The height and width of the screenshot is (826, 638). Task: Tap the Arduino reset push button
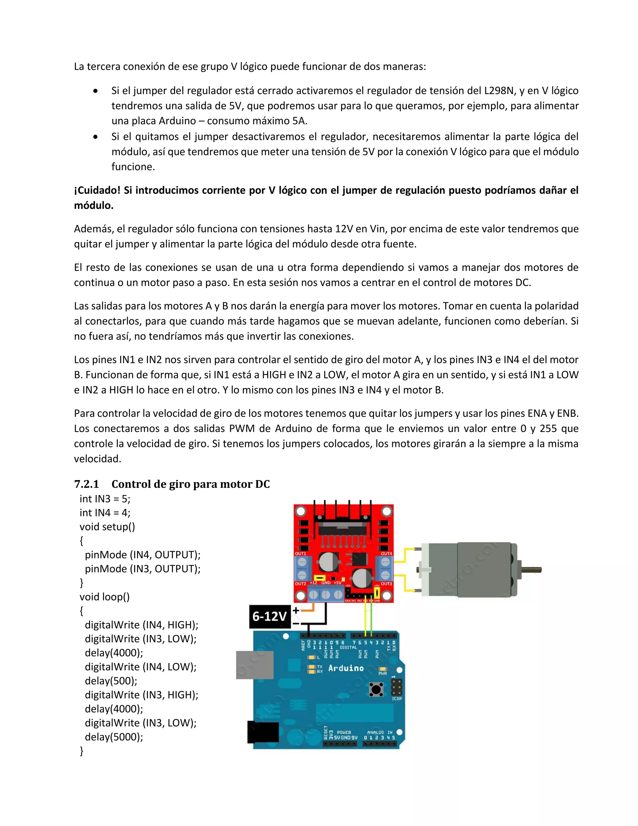376,689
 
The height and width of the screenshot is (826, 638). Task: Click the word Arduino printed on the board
346,668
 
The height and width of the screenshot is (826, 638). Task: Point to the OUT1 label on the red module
301,553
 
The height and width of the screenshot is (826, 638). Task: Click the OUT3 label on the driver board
386,583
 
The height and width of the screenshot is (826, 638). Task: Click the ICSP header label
397,698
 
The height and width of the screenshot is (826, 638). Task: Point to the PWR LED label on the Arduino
383,673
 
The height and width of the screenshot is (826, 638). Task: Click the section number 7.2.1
87,484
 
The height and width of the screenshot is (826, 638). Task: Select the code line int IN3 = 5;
105,499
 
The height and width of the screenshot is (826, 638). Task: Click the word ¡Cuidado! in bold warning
97,190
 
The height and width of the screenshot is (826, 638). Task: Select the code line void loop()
104,597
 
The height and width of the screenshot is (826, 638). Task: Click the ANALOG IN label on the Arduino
379,732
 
